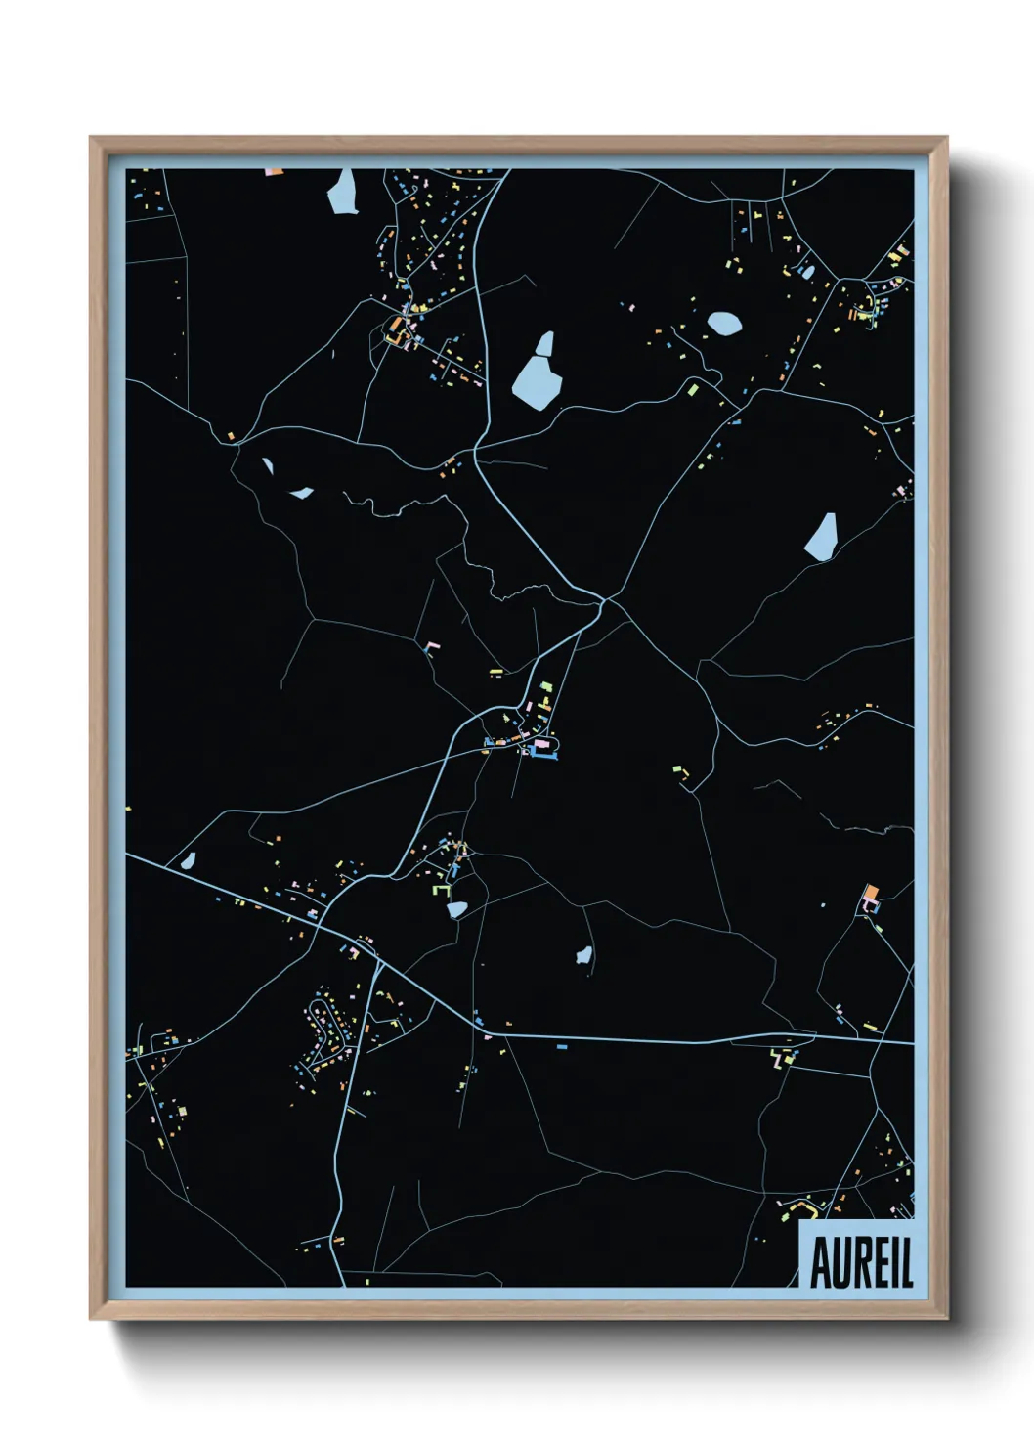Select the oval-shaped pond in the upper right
point(724,323)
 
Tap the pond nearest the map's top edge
point(343,192)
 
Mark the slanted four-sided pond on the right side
point(821,537)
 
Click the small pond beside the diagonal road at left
point(189,861)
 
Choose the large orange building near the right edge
point(871,893)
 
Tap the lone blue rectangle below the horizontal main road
point(562,1047)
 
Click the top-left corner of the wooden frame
point(91,138)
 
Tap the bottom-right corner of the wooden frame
point(947,1319)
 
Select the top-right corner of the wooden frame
point(947,138)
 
